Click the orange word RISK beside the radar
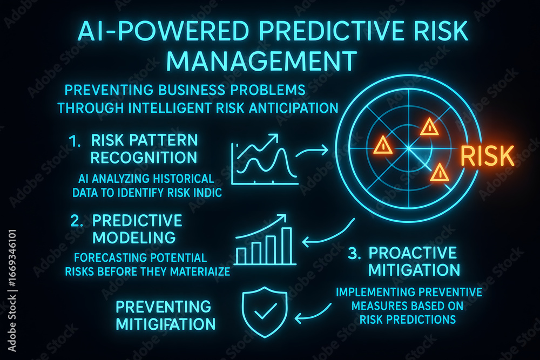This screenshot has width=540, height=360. coord(487,155)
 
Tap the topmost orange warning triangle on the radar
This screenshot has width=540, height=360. coord(429,127)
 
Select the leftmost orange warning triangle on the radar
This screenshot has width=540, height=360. coord(383,145)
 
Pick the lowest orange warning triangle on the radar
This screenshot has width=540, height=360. coord(440,172)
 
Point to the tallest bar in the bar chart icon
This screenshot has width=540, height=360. coord(287,245)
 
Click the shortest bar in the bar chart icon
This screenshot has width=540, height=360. coord(240,255)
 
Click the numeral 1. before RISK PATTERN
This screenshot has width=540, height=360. coord(75,141)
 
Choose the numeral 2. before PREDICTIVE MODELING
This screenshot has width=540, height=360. coord(77,221)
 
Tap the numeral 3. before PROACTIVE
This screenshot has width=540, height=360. coord(354,253)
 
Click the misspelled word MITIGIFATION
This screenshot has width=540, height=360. coord(166,324)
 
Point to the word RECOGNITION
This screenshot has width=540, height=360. coord(144,157)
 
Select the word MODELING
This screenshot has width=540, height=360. coord(134,237)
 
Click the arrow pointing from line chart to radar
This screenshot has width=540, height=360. coord(312,152)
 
